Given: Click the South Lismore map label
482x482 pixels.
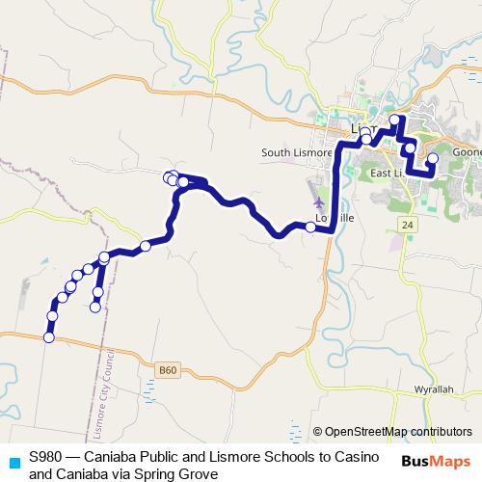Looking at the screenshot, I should click(297, 152).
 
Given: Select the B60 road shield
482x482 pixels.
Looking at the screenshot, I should click(169, 369).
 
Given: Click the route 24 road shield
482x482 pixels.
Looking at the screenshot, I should click(409, 224).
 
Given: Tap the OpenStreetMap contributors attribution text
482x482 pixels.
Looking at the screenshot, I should click(398, 432).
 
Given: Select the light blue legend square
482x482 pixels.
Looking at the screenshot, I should click(13, 462).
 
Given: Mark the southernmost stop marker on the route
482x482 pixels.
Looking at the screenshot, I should click(48, 336).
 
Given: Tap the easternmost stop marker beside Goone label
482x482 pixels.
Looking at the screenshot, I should click(432, 157).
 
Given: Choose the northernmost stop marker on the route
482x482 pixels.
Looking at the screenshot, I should click(393, 120).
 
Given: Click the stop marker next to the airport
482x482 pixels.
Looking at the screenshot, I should click(309, 228).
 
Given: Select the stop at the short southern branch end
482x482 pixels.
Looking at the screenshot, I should click(94, 308).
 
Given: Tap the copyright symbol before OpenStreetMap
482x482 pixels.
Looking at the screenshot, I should click(318, 432).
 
